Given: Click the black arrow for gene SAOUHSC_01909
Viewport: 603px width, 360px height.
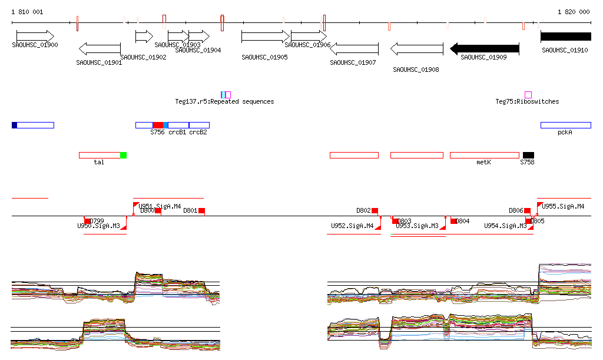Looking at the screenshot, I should pos(484,48).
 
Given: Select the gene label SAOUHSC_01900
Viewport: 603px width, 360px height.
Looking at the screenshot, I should pos(35,45).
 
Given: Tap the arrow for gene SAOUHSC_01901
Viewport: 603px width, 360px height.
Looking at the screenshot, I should pos(100,48).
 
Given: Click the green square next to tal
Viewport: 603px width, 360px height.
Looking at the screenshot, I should pos(123,155).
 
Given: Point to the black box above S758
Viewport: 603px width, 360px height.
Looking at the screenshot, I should pos(528,155).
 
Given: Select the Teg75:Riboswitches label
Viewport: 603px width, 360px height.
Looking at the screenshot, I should pos(527,101).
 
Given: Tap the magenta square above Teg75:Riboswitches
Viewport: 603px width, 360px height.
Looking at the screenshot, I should pos(528,95).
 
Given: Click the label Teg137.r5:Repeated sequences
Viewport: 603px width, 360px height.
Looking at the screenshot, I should pos(224,101).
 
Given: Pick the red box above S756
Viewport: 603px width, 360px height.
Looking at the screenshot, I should pos(158,125).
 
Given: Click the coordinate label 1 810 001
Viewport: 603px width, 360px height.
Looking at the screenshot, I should pos(27,12).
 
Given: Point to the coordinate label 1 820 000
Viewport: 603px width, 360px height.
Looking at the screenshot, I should pos(574,12).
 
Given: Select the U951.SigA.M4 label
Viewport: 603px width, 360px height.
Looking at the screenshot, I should pos(160,206).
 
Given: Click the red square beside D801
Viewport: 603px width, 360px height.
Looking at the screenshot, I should pos(201,210).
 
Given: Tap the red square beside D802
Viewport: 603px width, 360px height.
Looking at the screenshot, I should pos(375,210).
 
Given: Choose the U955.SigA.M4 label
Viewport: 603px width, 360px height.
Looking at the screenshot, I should pos(564,206).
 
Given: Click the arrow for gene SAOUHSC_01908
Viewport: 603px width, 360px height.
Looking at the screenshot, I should pos(417,48).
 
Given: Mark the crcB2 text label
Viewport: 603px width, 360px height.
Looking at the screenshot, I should pos(198,133).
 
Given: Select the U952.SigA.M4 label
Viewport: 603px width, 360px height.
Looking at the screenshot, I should pos(352,226).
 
